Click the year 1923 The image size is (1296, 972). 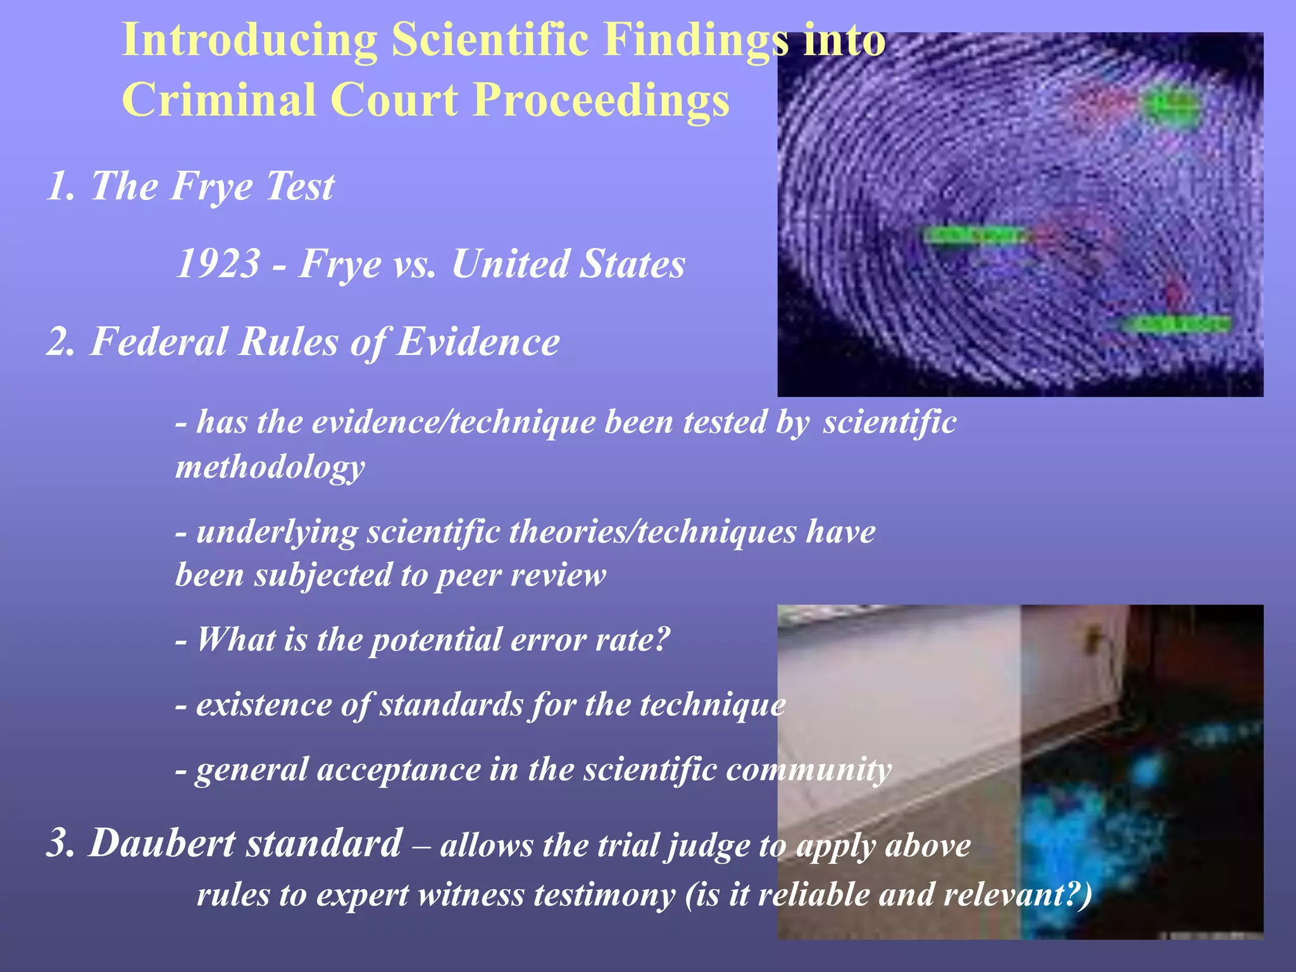[218, 263]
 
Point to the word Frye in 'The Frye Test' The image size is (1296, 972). [211, 187]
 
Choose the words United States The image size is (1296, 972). [568, 263]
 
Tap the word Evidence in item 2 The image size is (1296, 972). [478, 342]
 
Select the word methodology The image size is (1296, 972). [270, 467]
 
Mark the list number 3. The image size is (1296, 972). [61, 844]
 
